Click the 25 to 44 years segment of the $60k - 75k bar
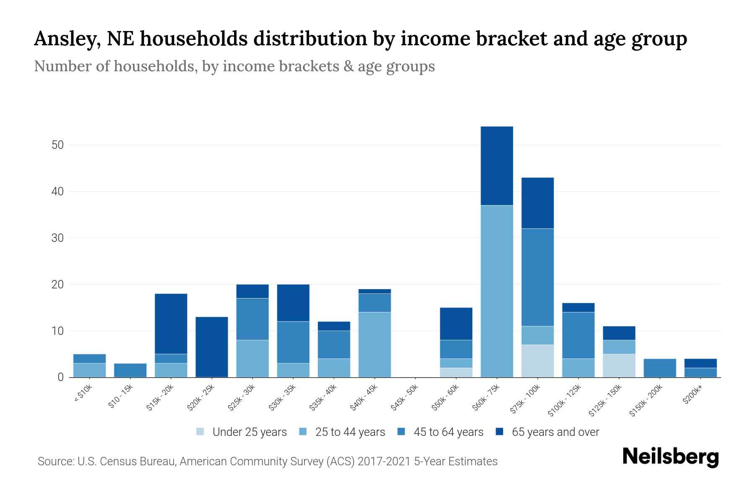pyautogui.click(x=497, y=291)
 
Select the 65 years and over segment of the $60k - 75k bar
pyautogui.click(x=497, y=166)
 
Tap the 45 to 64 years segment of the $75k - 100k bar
pyautogui.click(x=537, y=277)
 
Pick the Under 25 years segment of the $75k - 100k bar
pyautogui.click(x=537, y=361)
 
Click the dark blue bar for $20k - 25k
pyautogui.click(x=212, y=347)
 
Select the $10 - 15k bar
pyautogui.click(x=130, y=370)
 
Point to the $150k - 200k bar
pyautogui.click(x=660, y=368)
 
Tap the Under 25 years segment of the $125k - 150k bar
pyautogui.click(x=619, y=366)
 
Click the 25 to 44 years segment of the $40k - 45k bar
pyautogui.click(x=375, y=345)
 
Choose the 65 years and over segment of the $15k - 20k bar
pyautogui.click(x=171, y=324)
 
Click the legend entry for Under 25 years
pyautogui.click(x=242, y=432)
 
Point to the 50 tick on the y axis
pyautogui.click(x=57, y=145)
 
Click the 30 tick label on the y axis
pyautogui.click(x=57, y=238)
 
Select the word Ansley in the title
pyautogui.click(x=66, y=39)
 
